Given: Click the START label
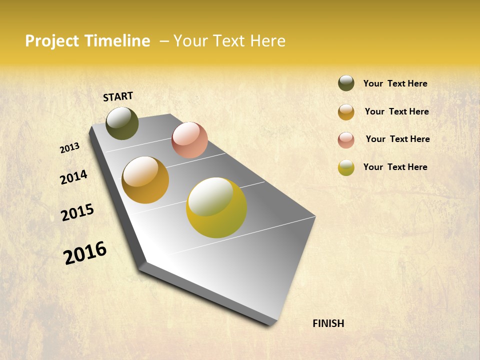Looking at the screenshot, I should click(x=118, y=96).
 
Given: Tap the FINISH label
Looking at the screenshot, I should click(x=328, y=323).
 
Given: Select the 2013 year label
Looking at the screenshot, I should click(x=69, y=148).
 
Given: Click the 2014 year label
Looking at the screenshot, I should click(x=73, y=177).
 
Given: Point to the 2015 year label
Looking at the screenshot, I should click(x=77, y=212).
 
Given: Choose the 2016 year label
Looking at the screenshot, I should click(x=85, y=253).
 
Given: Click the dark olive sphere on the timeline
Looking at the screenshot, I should click(x=122, y=123).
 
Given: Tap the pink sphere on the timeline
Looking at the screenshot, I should click(x=189, y=140).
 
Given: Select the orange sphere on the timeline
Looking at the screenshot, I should click(x=145, y=180).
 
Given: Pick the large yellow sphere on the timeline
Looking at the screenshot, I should click(x=216, y=207).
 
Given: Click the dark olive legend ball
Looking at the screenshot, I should click(x=346, y=83).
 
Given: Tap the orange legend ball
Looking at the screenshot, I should click(x=346, y=112).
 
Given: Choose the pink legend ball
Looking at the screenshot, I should click(x=346, y=140).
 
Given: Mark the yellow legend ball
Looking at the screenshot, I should click(x=346, y=167).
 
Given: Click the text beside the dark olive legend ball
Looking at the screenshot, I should click(x=395, y=83).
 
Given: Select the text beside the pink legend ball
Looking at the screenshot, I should click(x=397, y=139).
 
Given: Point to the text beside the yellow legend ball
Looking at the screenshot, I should click(x=395, y=167).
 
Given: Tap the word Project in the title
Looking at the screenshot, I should click(x=52, y=41).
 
